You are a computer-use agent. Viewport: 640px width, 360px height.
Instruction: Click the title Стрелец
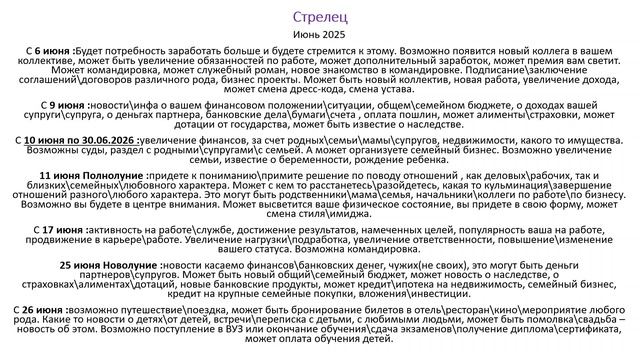point(320,17)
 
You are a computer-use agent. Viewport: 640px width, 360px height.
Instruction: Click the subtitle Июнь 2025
point(320,34)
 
